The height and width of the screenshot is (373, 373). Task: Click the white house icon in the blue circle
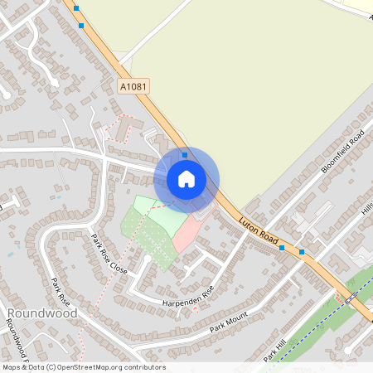[x=186, y=178]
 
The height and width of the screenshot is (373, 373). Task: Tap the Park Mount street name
[x=229, y=319]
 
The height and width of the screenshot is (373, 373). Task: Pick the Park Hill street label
[x=274, y=349]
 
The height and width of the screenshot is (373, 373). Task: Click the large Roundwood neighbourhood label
[x=41, y=313]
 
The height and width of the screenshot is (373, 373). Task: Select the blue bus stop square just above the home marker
[x=184, y=154]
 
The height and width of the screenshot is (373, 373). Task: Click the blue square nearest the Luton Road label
[x=283, y=247]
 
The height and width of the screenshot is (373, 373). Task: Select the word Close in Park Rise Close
[x=119, y=267]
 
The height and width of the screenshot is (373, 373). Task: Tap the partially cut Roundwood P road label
[x=17, y=340]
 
